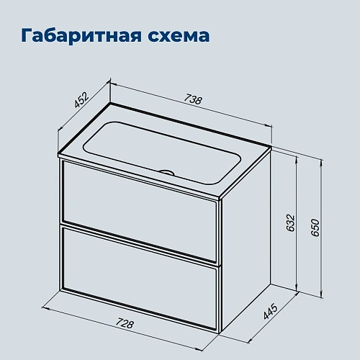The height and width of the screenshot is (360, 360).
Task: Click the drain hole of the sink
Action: [168, 173]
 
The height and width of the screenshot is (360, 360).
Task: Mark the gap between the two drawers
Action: [139, 243]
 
